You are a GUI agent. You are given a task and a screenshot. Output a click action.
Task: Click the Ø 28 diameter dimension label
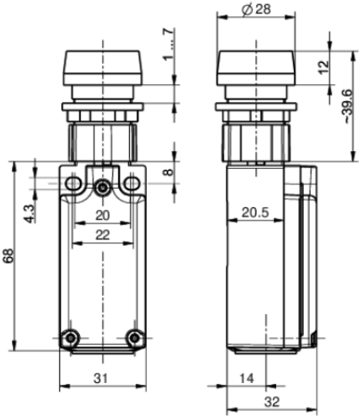[256, 9]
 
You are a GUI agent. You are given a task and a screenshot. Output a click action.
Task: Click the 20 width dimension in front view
[102, 215]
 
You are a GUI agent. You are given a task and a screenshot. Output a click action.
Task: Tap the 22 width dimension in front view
[102, 234]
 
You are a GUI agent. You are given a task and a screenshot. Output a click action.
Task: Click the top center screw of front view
[103, 187]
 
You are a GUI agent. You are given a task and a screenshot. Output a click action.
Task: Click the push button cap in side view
[256, 66]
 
